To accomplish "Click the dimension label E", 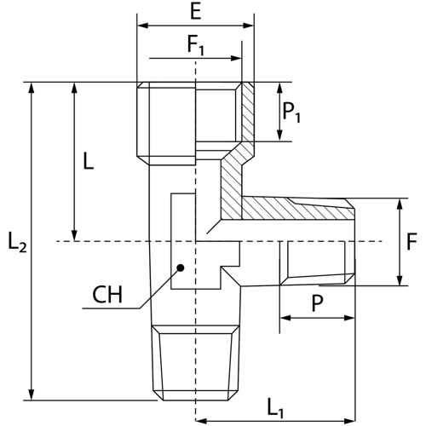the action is pyautogui.click(x=196, y=11).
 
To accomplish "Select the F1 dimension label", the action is pyautogui.click(x=196, y=45).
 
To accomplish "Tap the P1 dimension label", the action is pyautogui.click(x=291, y=112).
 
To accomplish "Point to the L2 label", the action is pyautogui.click(x=18, y=242).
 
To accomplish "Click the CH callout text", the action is pyautogui.click(x=107, y=295).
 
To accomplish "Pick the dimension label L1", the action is pyautogui.click(x=275, y=408).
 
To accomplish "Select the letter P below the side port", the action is pyautogui.click(x=317, y=302).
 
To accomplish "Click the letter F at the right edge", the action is pyautogui.click(x=412, y=241).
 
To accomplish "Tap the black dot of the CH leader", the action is pyautogui.click(x=181, y=268).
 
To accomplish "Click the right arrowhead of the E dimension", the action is pyautogui.click(x=249, y=26).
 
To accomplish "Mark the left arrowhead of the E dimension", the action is pyautogui.click(x=142, y=26).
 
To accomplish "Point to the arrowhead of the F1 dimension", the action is pyautogui.click(x=236, y=59).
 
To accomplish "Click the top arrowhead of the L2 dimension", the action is pyautogui.click(x=32, y=88).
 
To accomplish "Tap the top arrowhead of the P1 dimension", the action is pyautogui.click(x=280, y=88).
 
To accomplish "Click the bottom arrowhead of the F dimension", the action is pyautogui.click(x=400, y=280).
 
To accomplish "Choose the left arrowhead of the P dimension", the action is pyautogui.click(x=285, y=318).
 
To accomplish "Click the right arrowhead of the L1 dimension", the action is pyautogui.click(x=350, y=421).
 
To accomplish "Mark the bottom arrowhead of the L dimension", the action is pyautogui.click(x=74, y=236).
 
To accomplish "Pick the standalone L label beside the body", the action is pyautogui.click(x=89, y=161).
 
